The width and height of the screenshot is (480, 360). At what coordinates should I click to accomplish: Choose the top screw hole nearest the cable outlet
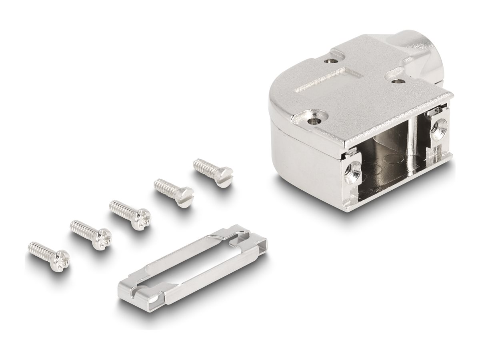(397, 81)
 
